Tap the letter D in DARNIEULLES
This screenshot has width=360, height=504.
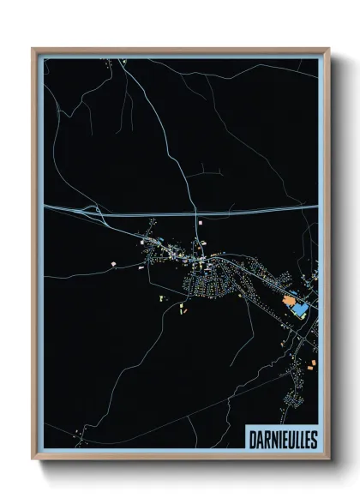pos(251,438)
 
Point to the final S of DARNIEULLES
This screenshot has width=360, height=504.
pos(314,438)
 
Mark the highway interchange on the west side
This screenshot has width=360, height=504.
pos(86,208)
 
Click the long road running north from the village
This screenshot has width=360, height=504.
pos(184,163)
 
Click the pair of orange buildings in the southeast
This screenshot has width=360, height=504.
pos(309,364)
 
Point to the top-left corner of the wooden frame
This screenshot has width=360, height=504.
pos(33,49)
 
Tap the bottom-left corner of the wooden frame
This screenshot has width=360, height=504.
pos(33,458)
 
